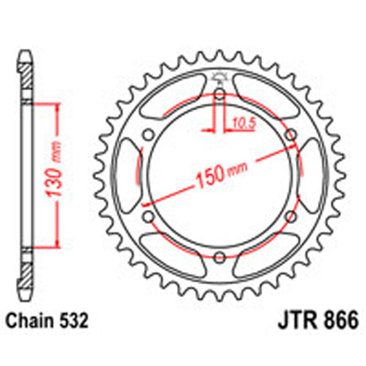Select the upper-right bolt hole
pyautogui.click(x=290, y=134)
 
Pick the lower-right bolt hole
pyautogui.click(x=290, y=215)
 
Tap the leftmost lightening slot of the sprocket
pyautogui.click(x=127, y=174)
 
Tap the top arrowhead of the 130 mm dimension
pyautogui.click(x=58, y=105)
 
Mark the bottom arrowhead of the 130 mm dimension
pyautogui.click(x=58, y=245)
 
